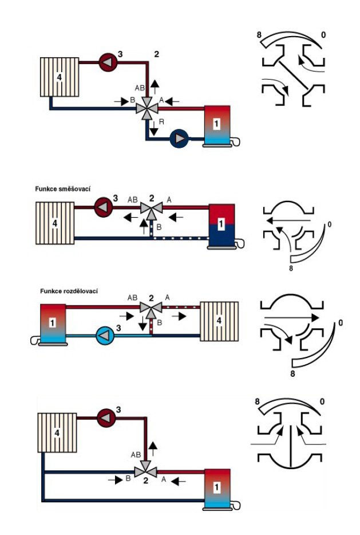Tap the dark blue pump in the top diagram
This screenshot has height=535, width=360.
180,138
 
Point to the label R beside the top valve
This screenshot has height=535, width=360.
162,122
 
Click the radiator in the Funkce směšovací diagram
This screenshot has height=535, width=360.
56,223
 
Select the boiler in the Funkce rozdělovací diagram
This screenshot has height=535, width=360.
52,324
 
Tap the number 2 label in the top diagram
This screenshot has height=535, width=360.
156,54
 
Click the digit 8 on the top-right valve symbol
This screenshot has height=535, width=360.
259,36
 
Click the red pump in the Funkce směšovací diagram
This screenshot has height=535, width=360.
103,204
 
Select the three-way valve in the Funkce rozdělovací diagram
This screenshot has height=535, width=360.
152,308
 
